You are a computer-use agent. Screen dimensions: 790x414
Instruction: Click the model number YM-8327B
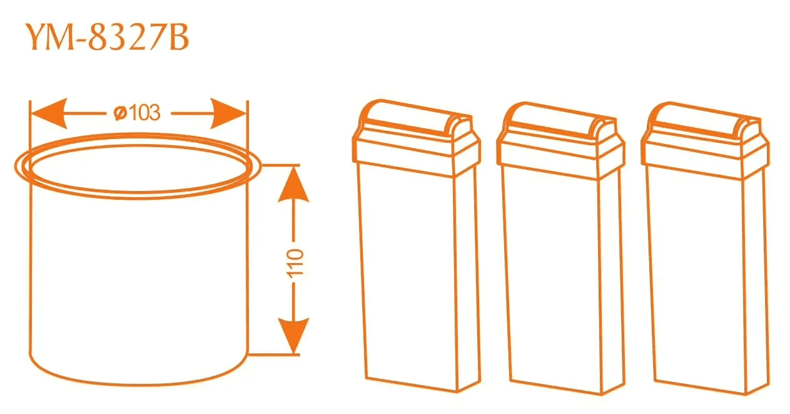pos(107,38)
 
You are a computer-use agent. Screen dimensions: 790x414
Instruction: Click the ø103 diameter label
pos(137,113)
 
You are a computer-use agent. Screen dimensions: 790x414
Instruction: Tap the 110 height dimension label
pos(295,263)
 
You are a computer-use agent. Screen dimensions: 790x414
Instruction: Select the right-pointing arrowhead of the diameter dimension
pos(228,113)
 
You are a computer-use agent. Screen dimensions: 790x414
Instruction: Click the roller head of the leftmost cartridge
pos(416,118)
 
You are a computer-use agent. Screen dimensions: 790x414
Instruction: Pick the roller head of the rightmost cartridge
pos(706,121)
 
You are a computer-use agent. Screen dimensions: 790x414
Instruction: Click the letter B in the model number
pos(180,38)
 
